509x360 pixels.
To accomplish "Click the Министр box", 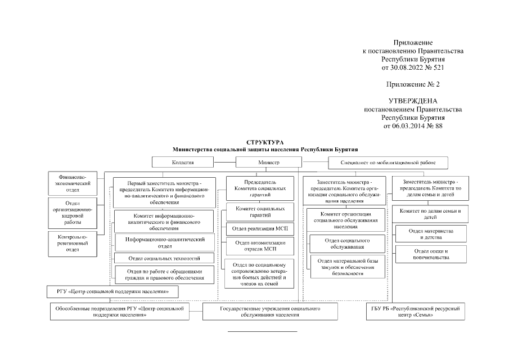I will click(x=268, y=163).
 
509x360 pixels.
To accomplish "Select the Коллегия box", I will click(x=183, y=163).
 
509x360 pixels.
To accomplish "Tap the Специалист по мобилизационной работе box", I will click(x=388, y=163).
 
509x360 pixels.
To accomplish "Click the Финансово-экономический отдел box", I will click(x=69, y=183).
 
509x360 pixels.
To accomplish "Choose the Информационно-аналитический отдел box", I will click(x=165, y=242).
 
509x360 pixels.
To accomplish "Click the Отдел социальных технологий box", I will click(x=165, y=259).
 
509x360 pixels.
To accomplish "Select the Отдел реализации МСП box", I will click(x=260, y=229).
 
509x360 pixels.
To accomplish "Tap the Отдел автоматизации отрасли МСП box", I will click(x=260, y=246).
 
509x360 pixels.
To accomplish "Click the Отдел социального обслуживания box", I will click(x=348, y=244).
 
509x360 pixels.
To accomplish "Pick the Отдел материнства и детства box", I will click(x=430, y=234).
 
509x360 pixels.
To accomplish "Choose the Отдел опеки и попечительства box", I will click(x=430, y=254).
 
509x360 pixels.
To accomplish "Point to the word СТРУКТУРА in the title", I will click(x=265, y=143).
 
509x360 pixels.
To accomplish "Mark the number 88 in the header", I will click(x=439, y=126).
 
